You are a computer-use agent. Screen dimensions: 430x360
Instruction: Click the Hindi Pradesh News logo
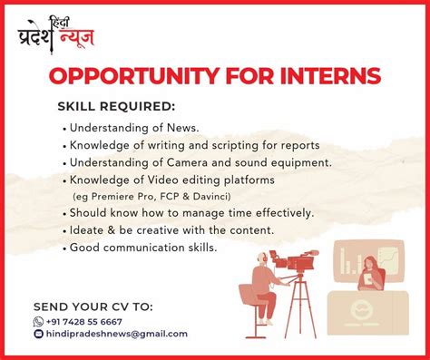point(55,35)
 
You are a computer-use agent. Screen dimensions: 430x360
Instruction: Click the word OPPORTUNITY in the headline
point(133,76)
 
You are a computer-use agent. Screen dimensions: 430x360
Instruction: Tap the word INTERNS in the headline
point(330,76)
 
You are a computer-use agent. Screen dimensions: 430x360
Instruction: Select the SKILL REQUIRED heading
point(116,106)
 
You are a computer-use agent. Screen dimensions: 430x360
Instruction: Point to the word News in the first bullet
point(182,128)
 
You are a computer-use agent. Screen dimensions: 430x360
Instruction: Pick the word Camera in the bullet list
point(187,162)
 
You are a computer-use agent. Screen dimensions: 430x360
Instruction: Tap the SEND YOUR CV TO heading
point(93,306)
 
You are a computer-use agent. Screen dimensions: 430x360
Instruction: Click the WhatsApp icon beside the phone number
point(38,322)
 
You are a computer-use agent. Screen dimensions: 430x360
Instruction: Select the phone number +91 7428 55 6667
point(84,322)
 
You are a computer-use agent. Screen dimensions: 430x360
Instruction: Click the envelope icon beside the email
point(38,334)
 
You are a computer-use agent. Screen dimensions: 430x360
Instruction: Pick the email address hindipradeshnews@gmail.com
point(117,334)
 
